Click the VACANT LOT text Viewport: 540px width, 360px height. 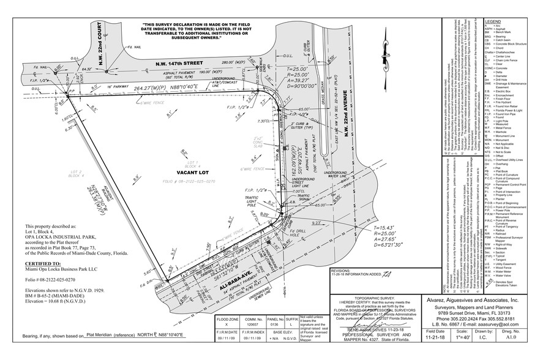[190, 173]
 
